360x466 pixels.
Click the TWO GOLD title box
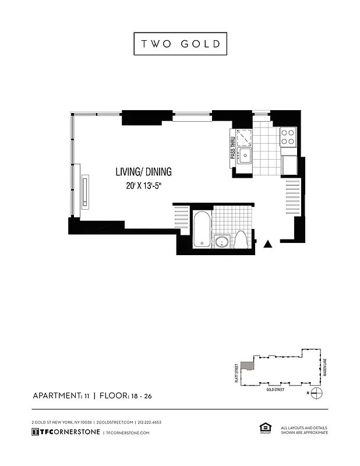180,44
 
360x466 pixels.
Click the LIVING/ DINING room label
143,172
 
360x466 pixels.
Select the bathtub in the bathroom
200,231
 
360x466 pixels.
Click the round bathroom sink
221,242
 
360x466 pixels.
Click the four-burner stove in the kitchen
288,137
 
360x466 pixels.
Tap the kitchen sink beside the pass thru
245,156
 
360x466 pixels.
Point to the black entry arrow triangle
269,245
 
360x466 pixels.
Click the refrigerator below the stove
290,165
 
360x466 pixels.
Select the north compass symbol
315,393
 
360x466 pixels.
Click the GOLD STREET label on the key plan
275,389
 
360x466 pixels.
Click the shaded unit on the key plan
249,365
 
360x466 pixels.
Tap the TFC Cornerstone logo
65,432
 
